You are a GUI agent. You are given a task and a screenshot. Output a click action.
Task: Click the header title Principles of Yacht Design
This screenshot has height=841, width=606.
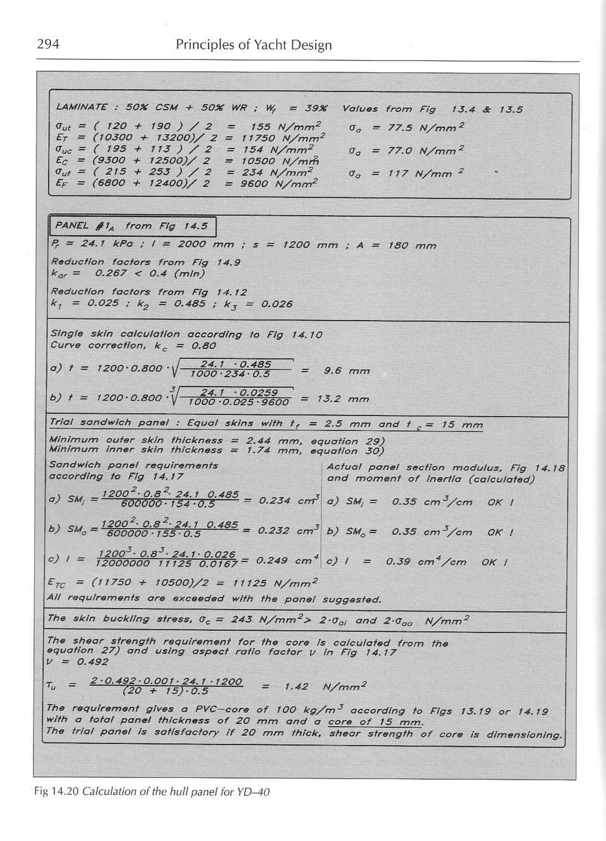pos(254,45)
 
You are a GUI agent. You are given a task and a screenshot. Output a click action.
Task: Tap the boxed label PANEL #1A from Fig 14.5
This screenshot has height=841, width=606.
pos(132,226)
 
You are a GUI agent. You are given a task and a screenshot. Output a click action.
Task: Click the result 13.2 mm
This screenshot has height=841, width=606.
pos(343,399)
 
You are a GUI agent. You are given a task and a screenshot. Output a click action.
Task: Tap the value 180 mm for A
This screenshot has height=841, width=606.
pos(412,245)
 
